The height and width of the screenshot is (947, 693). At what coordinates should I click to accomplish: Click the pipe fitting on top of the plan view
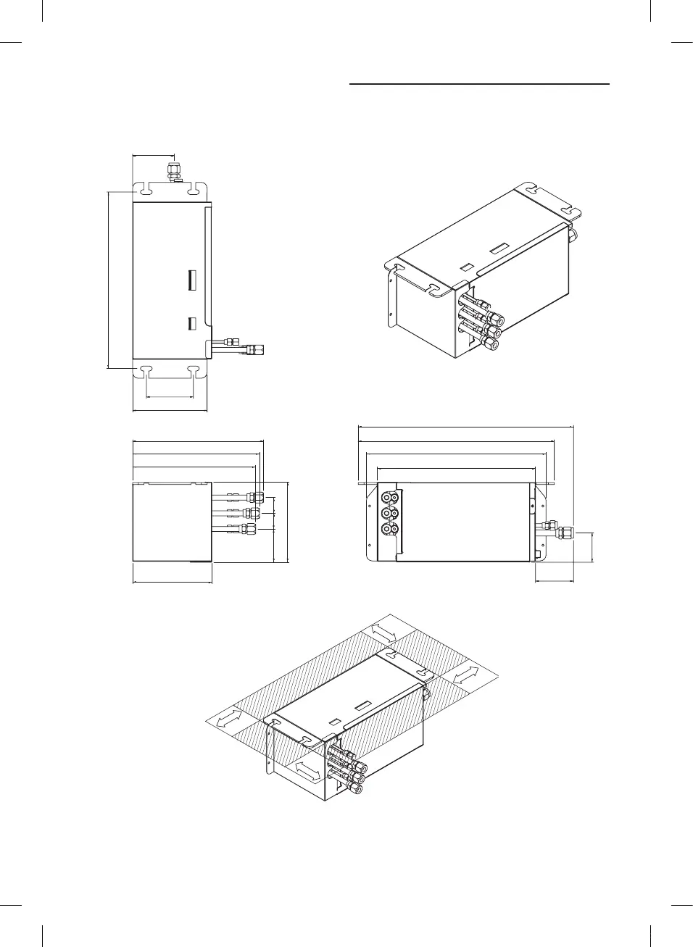[174, 172]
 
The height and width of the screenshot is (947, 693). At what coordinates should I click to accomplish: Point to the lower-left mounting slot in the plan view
[146, 372]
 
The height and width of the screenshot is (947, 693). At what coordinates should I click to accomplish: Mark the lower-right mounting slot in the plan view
[194, 372]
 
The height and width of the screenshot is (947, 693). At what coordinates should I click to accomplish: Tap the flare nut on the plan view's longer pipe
[255, 350]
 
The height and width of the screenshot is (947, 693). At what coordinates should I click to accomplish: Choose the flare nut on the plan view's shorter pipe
[233, 340]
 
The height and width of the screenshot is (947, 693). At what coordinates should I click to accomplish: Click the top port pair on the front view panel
[390, 498]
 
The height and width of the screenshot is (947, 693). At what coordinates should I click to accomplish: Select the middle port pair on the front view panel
[390, 514]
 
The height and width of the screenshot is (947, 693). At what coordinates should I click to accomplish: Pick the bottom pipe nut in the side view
[250, 528]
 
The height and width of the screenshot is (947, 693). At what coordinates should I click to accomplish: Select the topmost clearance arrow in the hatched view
[383, 632]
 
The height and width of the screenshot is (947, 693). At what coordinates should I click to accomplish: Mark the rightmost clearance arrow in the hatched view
[465, 674]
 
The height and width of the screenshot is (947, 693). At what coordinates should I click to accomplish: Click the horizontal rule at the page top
[479, 84]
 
